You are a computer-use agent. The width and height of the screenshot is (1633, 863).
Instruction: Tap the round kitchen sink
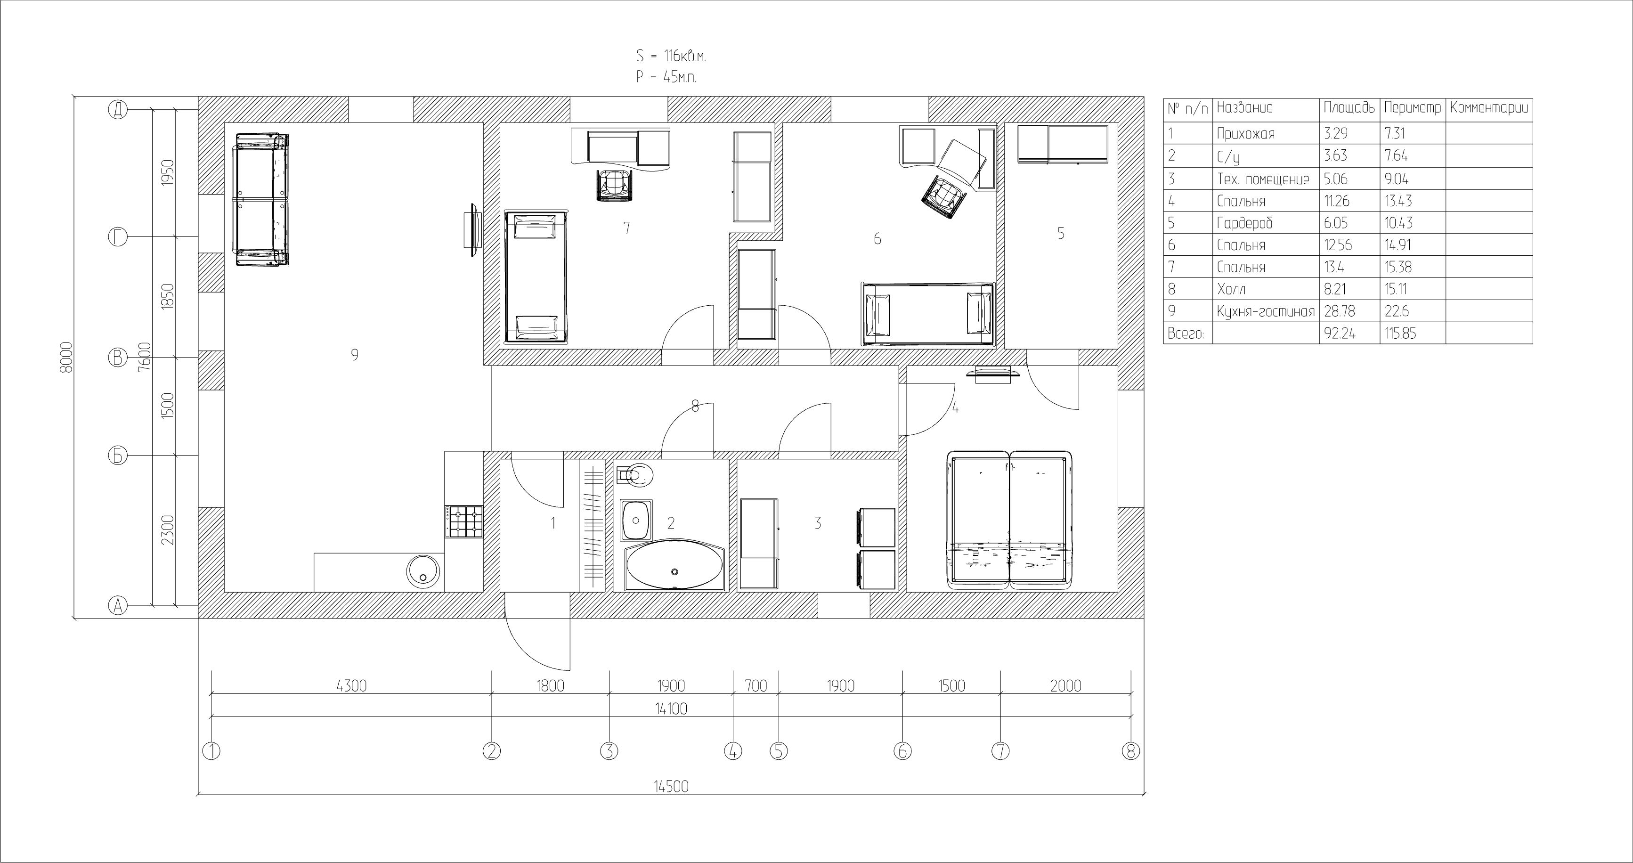point(423,571)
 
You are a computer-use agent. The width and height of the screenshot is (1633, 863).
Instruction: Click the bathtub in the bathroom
point(674,566)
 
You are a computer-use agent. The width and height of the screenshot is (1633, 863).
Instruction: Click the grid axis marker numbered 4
point(733,751)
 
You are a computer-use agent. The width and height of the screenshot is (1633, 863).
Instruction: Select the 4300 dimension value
point(351,685)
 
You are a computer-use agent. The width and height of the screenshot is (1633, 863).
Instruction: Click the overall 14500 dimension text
point(671,786)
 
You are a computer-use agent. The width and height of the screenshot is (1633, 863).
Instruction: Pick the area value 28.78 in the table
point(1339,311)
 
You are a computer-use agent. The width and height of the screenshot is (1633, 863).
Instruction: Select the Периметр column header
point(1413,108)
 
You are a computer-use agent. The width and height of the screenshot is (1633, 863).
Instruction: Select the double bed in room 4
point(1010,519)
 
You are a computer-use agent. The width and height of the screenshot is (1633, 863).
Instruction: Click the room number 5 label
point(1061,233)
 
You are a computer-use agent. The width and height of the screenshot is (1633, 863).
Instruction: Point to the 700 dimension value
point(756,685)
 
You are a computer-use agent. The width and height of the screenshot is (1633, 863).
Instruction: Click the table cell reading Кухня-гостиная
point(1265,311)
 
